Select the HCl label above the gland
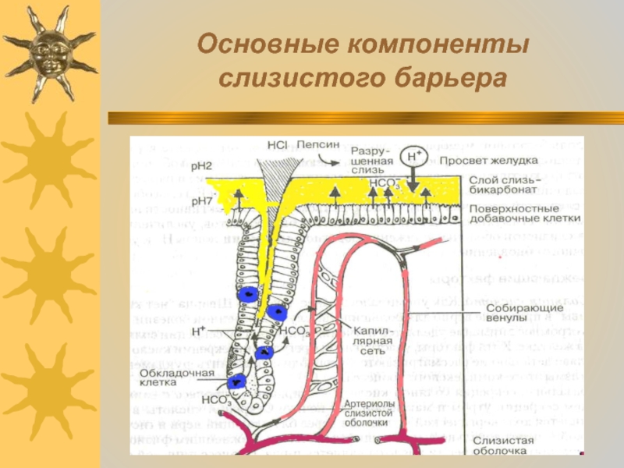click(x=277, y=144)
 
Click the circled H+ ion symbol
click(x=413, y=156)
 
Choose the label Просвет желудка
click(x=487, y=160)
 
